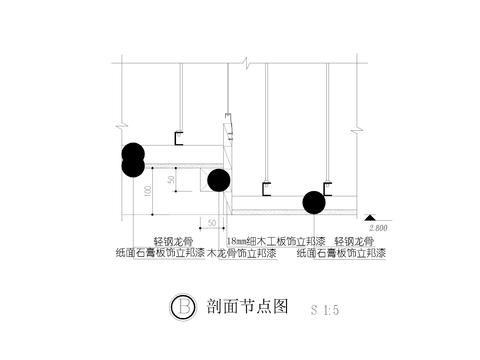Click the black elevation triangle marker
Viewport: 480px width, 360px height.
(x=371, y=217)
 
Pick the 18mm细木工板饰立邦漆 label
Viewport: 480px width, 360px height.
(x=277, y=241)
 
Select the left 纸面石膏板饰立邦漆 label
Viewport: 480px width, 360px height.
(x=160, y=253)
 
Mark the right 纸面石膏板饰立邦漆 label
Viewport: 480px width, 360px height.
(x=343, y=253)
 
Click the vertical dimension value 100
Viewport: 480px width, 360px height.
(x=148, y=189)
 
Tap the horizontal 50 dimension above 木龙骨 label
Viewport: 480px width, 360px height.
(x=212, y=221)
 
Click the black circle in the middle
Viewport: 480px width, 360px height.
(x=219, y=180)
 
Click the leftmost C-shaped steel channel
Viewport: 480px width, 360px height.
(x=181, y=136)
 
